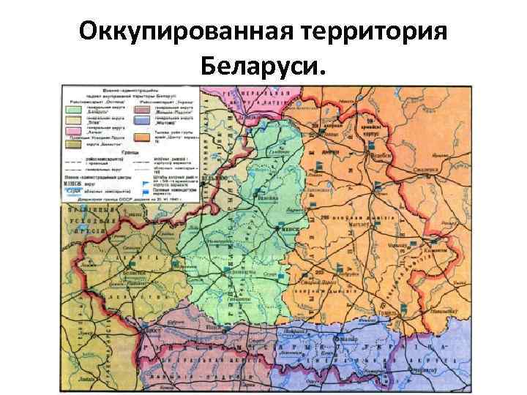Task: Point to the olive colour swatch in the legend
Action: click(x=75, y=145)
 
